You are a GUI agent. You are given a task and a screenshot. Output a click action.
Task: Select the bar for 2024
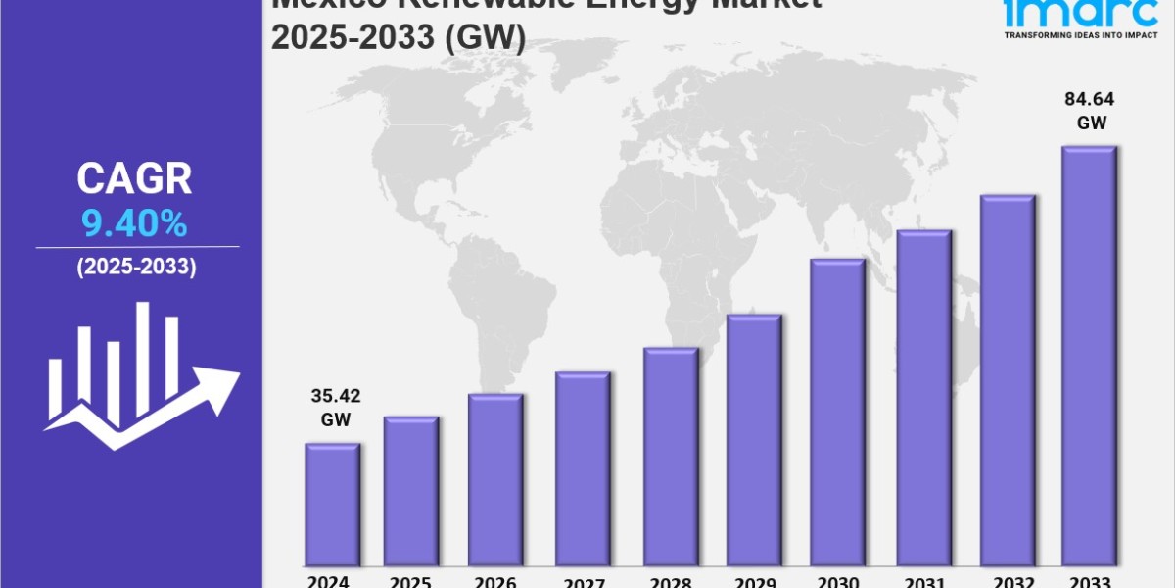(x=333, y=505)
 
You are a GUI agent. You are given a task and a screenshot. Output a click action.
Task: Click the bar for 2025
(x=411, y=490)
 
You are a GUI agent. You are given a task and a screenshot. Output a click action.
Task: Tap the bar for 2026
(x=495, y=480)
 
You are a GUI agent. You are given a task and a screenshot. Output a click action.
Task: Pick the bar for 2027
(x=583, y=468)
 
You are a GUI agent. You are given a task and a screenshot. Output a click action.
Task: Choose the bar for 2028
(x=671, y=457)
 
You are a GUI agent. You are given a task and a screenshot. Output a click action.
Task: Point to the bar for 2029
(x=754, y=440)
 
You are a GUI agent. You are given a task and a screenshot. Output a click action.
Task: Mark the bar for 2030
(x=837, y=412)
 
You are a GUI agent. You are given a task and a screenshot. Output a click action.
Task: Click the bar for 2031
(x=924, y=398)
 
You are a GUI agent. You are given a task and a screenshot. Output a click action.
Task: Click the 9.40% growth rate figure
(x=135, y=225)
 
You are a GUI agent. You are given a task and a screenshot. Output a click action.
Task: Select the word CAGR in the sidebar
(x=135, y=179)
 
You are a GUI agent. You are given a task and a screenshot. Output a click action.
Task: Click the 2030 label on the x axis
(x=838, y=580)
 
